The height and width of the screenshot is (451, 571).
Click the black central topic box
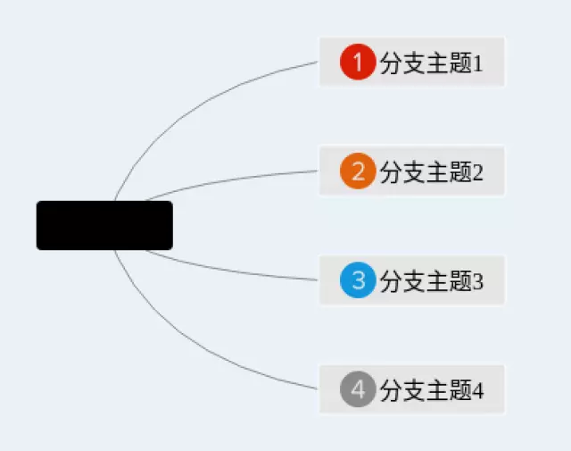point(104,225)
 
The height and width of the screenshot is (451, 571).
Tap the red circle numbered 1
point(358,63)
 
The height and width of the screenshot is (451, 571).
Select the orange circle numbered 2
point(358,171)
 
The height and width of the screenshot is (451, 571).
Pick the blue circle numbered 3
point(358,281)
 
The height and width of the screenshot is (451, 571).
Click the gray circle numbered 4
point(358,390)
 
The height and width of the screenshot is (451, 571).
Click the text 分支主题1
point(431,63)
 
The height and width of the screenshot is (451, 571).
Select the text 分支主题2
point(431,171)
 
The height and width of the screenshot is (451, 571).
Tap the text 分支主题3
point(431,282)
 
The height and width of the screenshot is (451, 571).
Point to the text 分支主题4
point(431,391)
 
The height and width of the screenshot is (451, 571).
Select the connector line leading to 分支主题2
point(232,180)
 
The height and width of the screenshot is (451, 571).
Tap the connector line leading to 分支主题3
point(232,270)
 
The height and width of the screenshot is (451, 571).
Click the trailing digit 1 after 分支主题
point(477,63)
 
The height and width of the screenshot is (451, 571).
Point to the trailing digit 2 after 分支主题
point(477,171)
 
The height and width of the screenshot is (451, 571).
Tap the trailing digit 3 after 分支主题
point(477,282)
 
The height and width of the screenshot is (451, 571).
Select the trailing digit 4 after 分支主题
point(477,391)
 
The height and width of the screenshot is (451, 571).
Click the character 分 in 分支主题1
point(391,63)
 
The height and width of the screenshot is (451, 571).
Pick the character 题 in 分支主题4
point(460,391)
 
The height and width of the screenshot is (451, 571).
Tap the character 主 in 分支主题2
point(437,171)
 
